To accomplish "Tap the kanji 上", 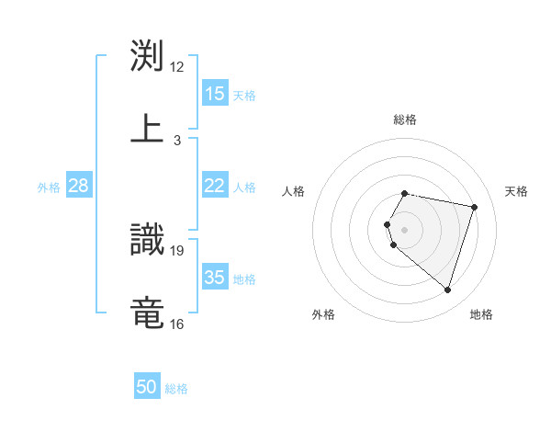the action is (147, 129).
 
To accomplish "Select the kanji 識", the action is (147, 239).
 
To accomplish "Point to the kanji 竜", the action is (147, 313).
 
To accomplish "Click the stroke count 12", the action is (177, 66).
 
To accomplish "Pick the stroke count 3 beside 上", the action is (177, 140).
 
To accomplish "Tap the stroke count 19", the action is (177, 249).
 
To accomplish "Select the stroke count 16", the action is (177, 324).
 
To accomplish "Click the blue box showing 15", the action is (214, 94).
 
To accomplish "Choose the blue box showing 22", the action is (214, 186).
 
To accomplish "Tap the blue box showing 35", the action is (214, 278).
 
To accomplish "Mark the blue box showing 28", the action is (79, 186).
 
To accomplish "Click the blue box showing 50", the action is (147, 387).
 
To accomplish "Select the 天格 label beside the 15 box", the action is (244, 95).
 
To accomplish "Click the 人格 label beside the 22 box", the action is (244, 187).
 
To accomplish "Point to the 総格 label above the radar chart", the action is (405, 119).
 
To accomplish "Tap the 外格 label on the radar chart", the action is (323, 314).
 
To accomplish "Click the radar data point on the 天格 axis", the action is (474, 207).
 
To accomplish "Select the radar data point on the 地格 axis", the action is (447, 290).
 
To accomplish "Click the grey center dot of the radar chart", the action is (405, 229).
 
